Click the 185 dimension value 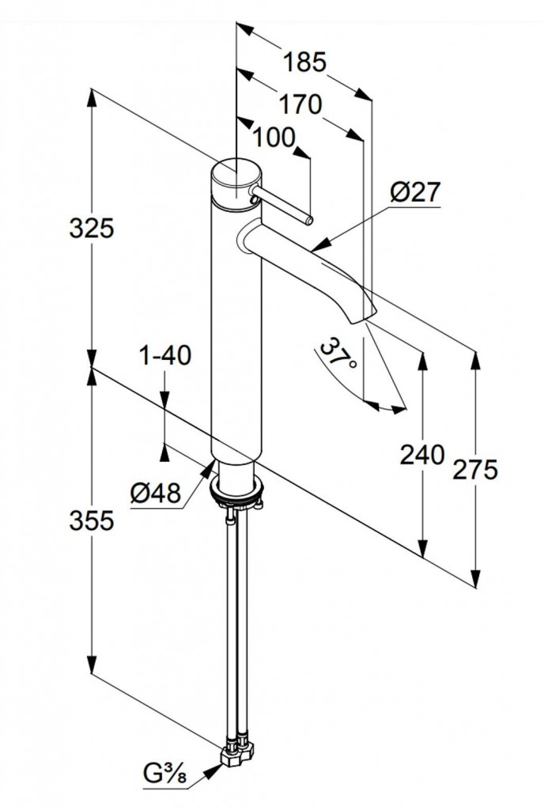tap(305, 62)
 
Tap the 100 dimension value tap(274, 137)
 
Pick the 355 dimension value tap(93, 520)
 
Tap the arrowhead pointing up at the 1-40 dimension tap(165, 452)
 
